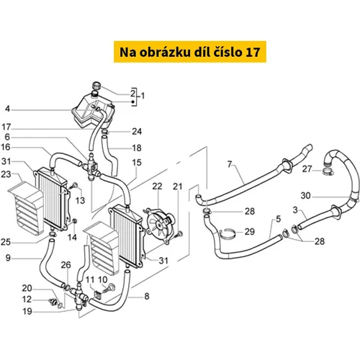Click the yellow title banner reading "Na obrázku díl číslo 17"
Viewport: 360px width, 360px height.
point(190,52)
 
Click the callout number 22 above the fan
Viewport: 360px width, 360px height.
point(157,186)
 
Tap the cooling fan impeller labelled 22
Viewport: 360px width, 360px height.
point(159,224)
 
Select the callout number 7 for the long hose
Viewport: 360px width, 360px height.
point(230,164)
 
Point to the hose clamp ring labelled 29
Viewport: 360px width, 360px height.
point(227,234)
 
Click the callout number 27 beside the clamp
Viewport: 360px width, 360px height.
point(307,169)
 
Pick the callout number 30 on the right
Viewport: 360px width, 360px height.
point(306,196)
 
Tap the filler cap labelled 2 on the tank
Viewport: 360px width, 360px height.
point(96,85)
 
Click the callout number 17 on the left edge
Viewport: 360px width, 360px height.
point(6,127)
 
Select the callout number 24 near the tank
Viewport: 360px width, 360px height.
point(137,132)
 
